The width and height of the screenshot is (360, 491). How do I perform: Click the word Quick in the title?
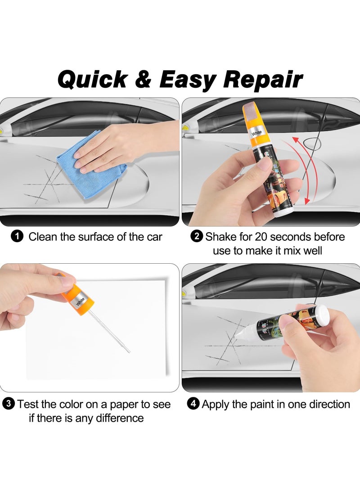(93, 79)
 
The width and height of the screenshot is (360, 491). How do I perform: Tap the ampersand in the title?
(143, 79)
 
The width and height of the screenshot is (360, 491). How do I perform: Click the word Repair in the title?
(263, 79)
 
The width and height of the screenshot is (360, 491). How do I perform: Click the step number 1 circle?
(17, 236)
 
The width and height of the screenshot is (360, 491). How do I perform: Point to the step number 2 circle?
(197, 236)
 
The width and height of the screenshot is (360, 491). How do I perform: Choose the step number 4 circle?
(193, 404)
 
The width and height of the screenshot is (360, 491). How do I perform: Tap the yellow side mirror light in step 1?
(5, 131)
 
